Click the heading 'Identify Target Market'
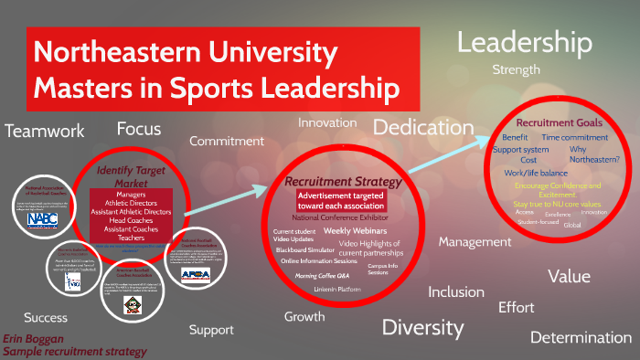pos(130,175)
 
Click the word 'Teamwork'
pos(44,131)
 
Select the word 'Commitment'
pos(226,141)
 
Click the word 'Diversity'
pos(422,326)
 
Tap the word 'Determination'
pos(581,337)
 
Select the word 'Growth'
pos(304,318)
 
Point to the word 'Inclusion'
pos(457,292)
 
